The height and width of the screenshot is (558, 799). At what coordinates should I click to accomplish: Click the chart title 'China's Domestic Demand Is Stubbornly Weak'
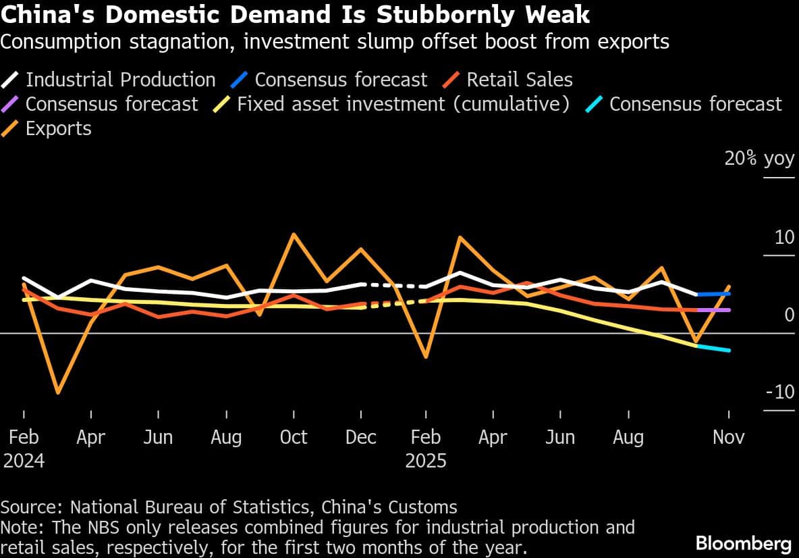click(x=295, y=14)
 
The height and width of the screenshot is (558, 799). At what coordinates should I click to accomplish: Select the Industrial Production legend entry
click(x=120, y=80)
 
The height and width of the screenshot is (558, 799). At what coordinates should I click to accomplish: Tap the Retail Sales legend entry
click(x=519, y=80)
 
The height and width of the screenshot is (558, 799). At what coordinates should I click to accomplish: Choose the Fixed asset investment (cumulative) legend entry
click(x=403, y=104)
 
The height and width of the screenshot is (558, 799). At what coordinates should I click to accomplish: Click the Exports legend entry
click(x=58, y=128)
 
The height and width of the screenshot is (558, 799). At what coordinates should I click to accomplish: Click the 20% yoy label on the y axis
click(x=759, y=159)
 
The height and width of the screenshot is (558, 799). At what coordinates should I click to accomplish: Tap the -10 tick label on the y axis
click(x=779, y=392)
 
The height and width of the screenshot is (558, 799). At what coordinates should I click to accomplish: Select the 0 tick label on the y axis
click(x=789, y=315)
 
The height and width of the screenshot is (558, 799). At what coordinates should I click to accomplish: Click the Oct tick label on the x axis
click(x=293, y=437)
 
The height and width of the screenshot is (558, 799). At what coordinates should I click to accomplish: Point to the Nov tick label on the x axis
click(x=729, y=437)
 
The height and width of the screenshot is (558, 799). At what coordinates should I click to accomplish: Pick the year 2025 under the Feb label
click(x=426, y=461)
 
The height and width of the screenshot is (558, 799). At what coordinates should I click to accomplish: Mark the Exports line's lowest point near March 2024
click(x=58, y=392)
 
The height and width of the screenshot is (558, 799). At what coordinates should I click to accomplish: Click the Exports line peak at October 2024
click(x=293, y=234)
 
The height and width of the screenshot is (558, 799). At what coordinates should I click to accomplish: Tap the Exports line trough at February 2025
click(x=426, y=357)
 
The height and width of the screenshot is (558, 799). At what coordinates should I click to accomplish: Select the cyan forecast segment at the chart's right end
click(x=713, y=348)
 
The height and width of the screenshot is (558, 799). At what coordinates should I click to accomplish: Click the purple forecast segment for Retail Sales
click(x=713, y=309)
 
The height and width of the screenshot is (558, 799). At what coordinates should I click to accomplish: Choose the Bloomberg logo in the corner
click(x=743, y=543)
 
